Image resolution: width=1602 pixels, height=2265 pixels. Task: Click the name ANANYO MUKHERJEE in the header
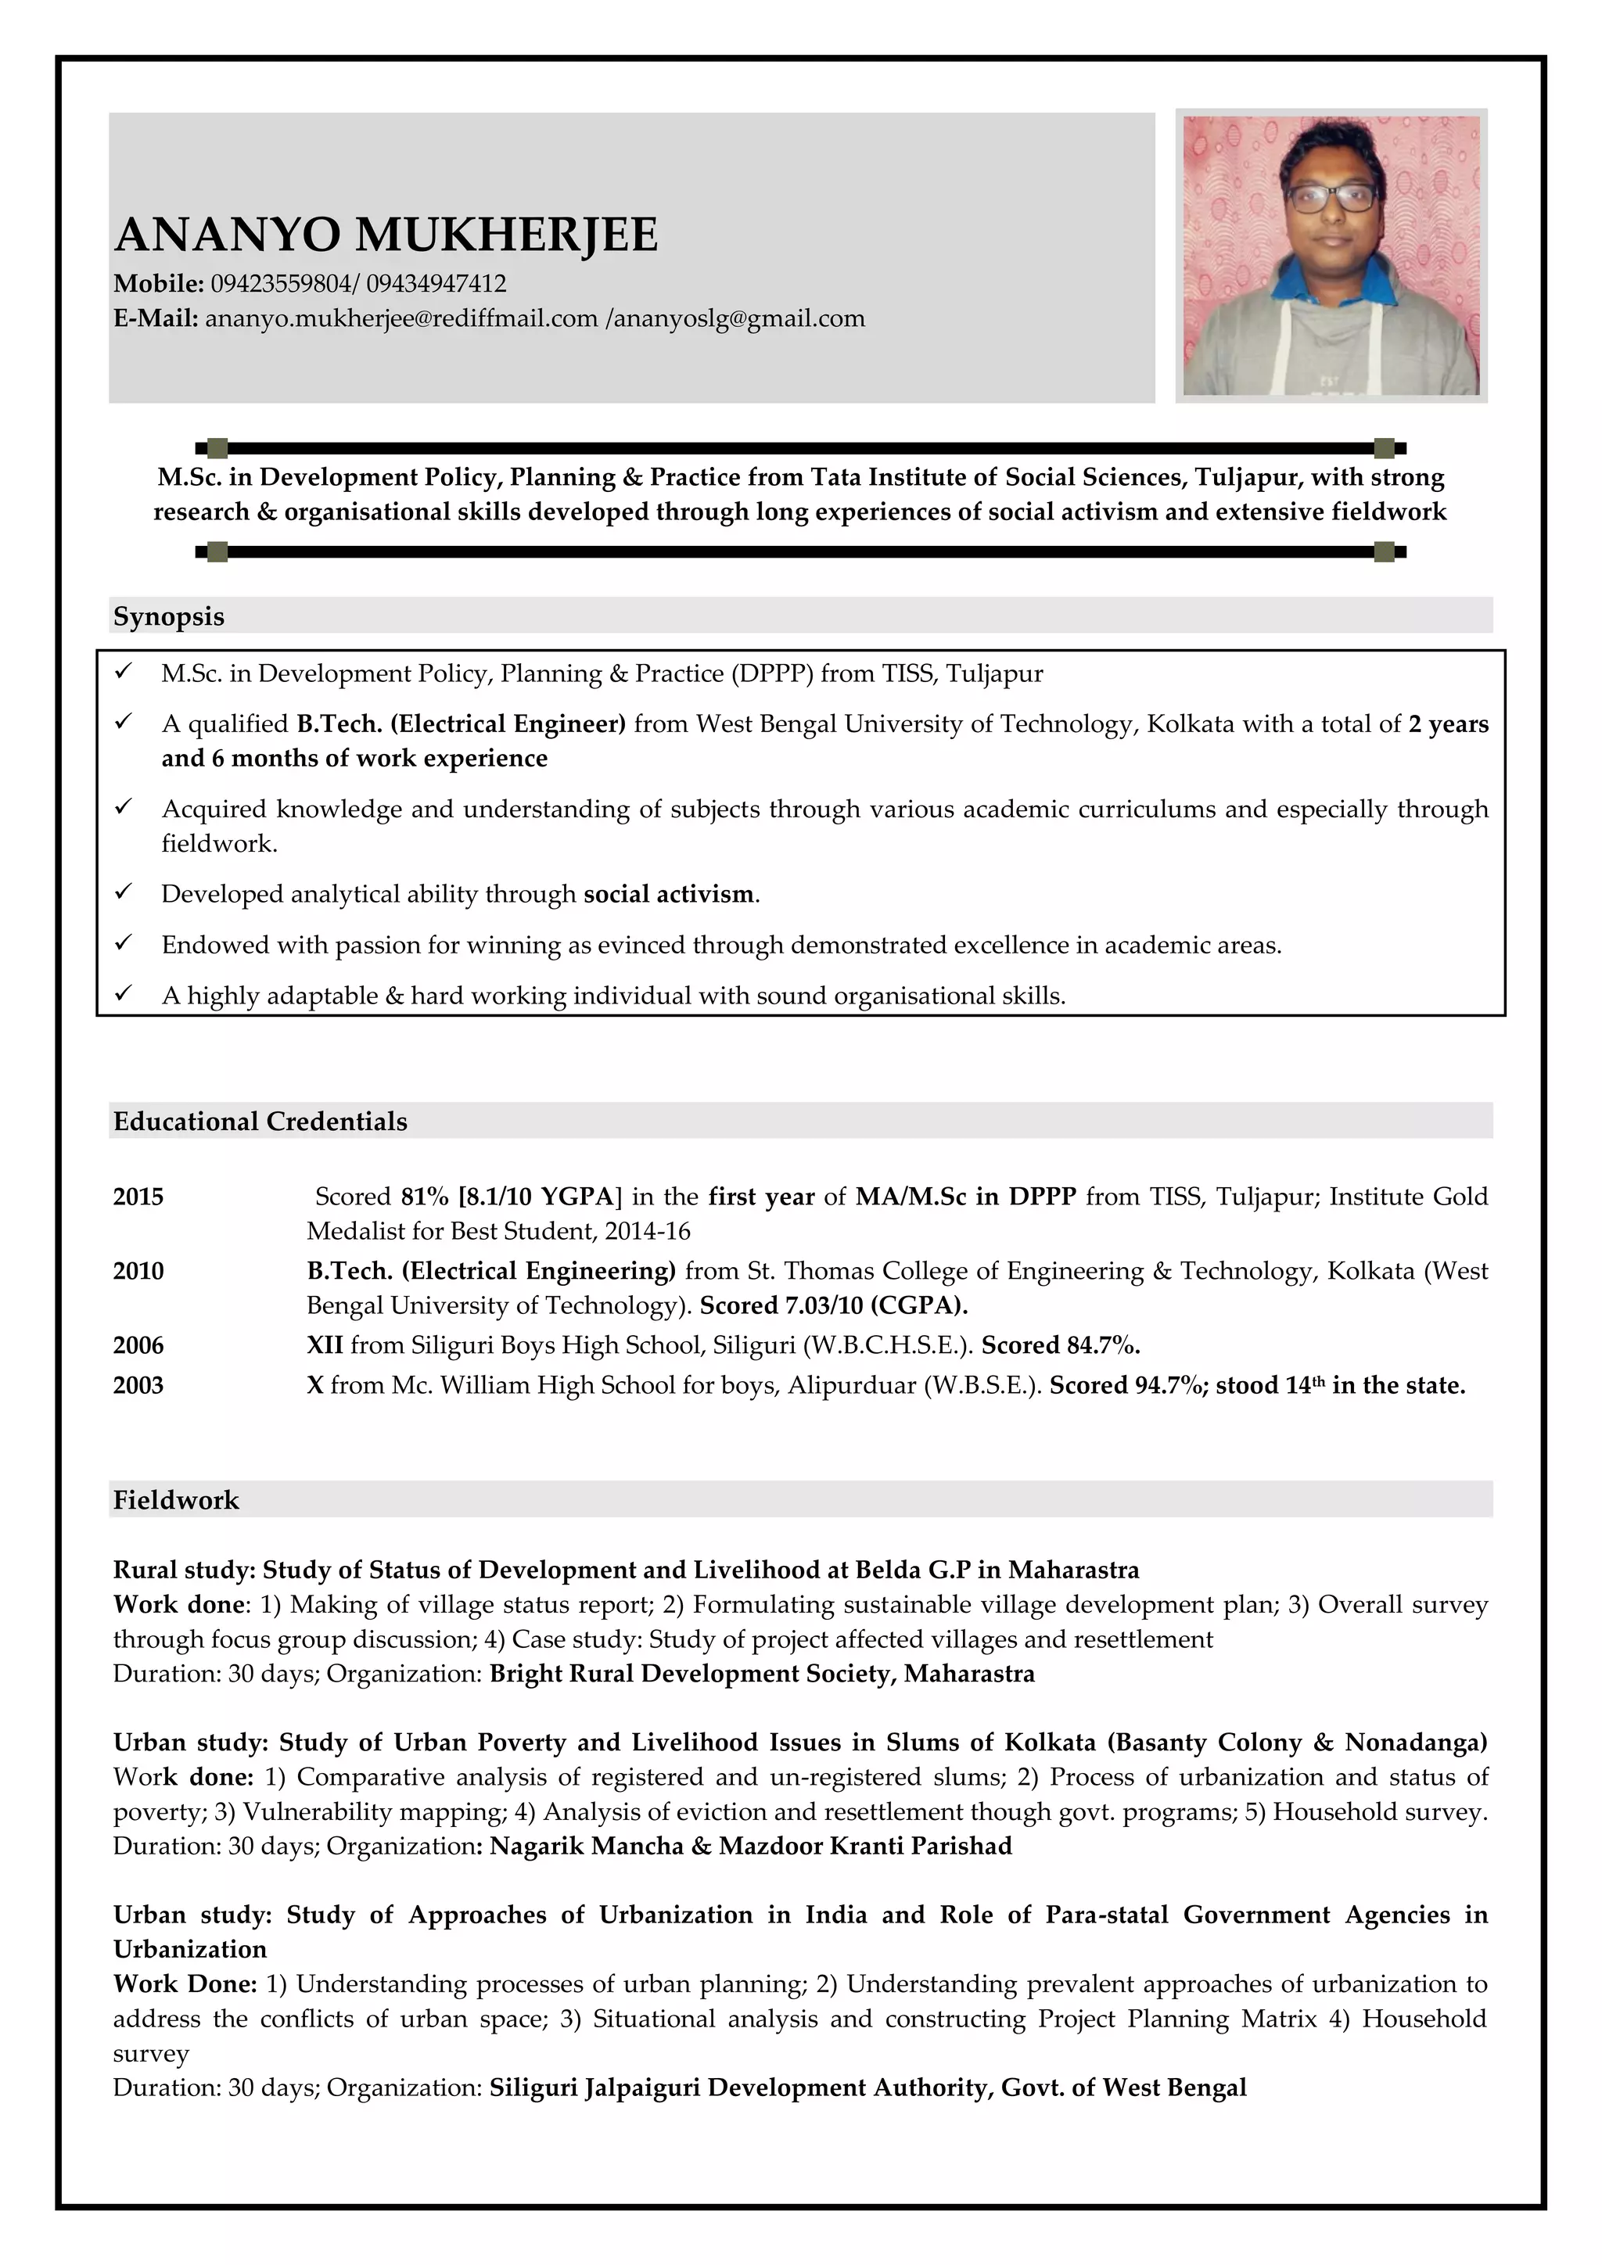(386, 235)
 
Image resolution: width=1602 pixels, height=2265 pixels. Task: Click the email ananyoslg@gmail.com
(739, 318)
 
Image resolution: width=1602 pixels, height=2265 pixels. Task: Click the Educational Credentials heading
(260, 1122)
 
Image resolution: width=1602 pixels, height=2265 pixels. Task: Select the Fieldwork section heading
(175, 1500)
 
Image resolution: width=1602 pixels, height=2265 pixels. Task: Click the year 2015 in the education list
(138, 1197)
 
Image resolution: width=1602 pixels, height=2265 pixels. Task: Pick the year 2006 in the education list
(138, 1345)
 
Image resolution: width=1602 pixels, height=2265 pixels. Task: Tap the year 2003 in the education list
(138, 1385)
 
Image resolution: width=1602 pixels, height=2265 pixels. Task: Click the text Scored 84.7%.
(1061, 1345)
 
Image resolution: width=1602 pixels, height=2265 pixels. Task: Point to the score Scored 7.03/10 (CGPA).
(834, 1306)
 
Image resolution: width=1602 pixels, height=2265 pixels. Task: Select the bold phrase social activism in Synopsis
(669, 895)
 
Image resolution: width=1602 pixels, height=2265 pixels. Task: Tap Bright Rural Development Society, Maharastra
(762, 1674)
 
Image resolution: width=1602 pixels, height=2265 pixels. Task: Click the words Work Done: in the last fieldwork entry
(185, 1984)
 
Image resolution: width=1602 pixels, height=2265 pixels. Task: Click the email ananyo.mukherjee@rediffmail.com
(401, 318)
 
